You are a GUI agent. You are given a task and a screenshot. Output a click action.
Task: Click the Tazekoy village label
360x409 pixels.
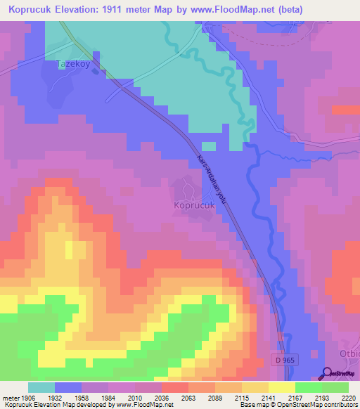[75, 64]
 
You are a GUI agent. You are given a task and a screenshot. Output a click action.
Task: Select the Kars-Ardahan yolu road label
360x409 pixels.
[214, 176]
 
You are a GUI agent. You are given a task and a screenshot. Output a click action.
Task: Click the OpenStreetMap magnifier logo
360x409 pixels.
[326, 373]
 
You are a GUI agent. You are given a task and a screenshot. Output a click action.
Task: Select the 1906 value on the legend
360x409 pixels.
[27, 397]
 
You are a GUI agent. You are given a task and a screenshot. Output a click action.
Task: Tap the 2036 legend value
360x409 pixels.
[161, 397]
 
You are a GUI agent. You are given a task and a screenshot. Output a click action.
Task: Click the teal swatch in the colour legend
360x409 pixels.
[41, 387]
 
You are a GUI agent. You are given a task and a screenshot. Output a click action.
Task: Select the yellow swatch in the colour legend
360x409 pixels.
[281, 387]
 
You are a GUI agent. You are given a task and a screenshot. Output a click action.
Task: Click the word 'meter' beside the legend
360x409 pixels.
[10, 397]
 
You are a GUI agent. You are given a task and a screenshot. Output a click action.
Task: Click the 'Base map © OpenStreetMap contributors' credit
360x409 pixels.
[297, 405]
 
